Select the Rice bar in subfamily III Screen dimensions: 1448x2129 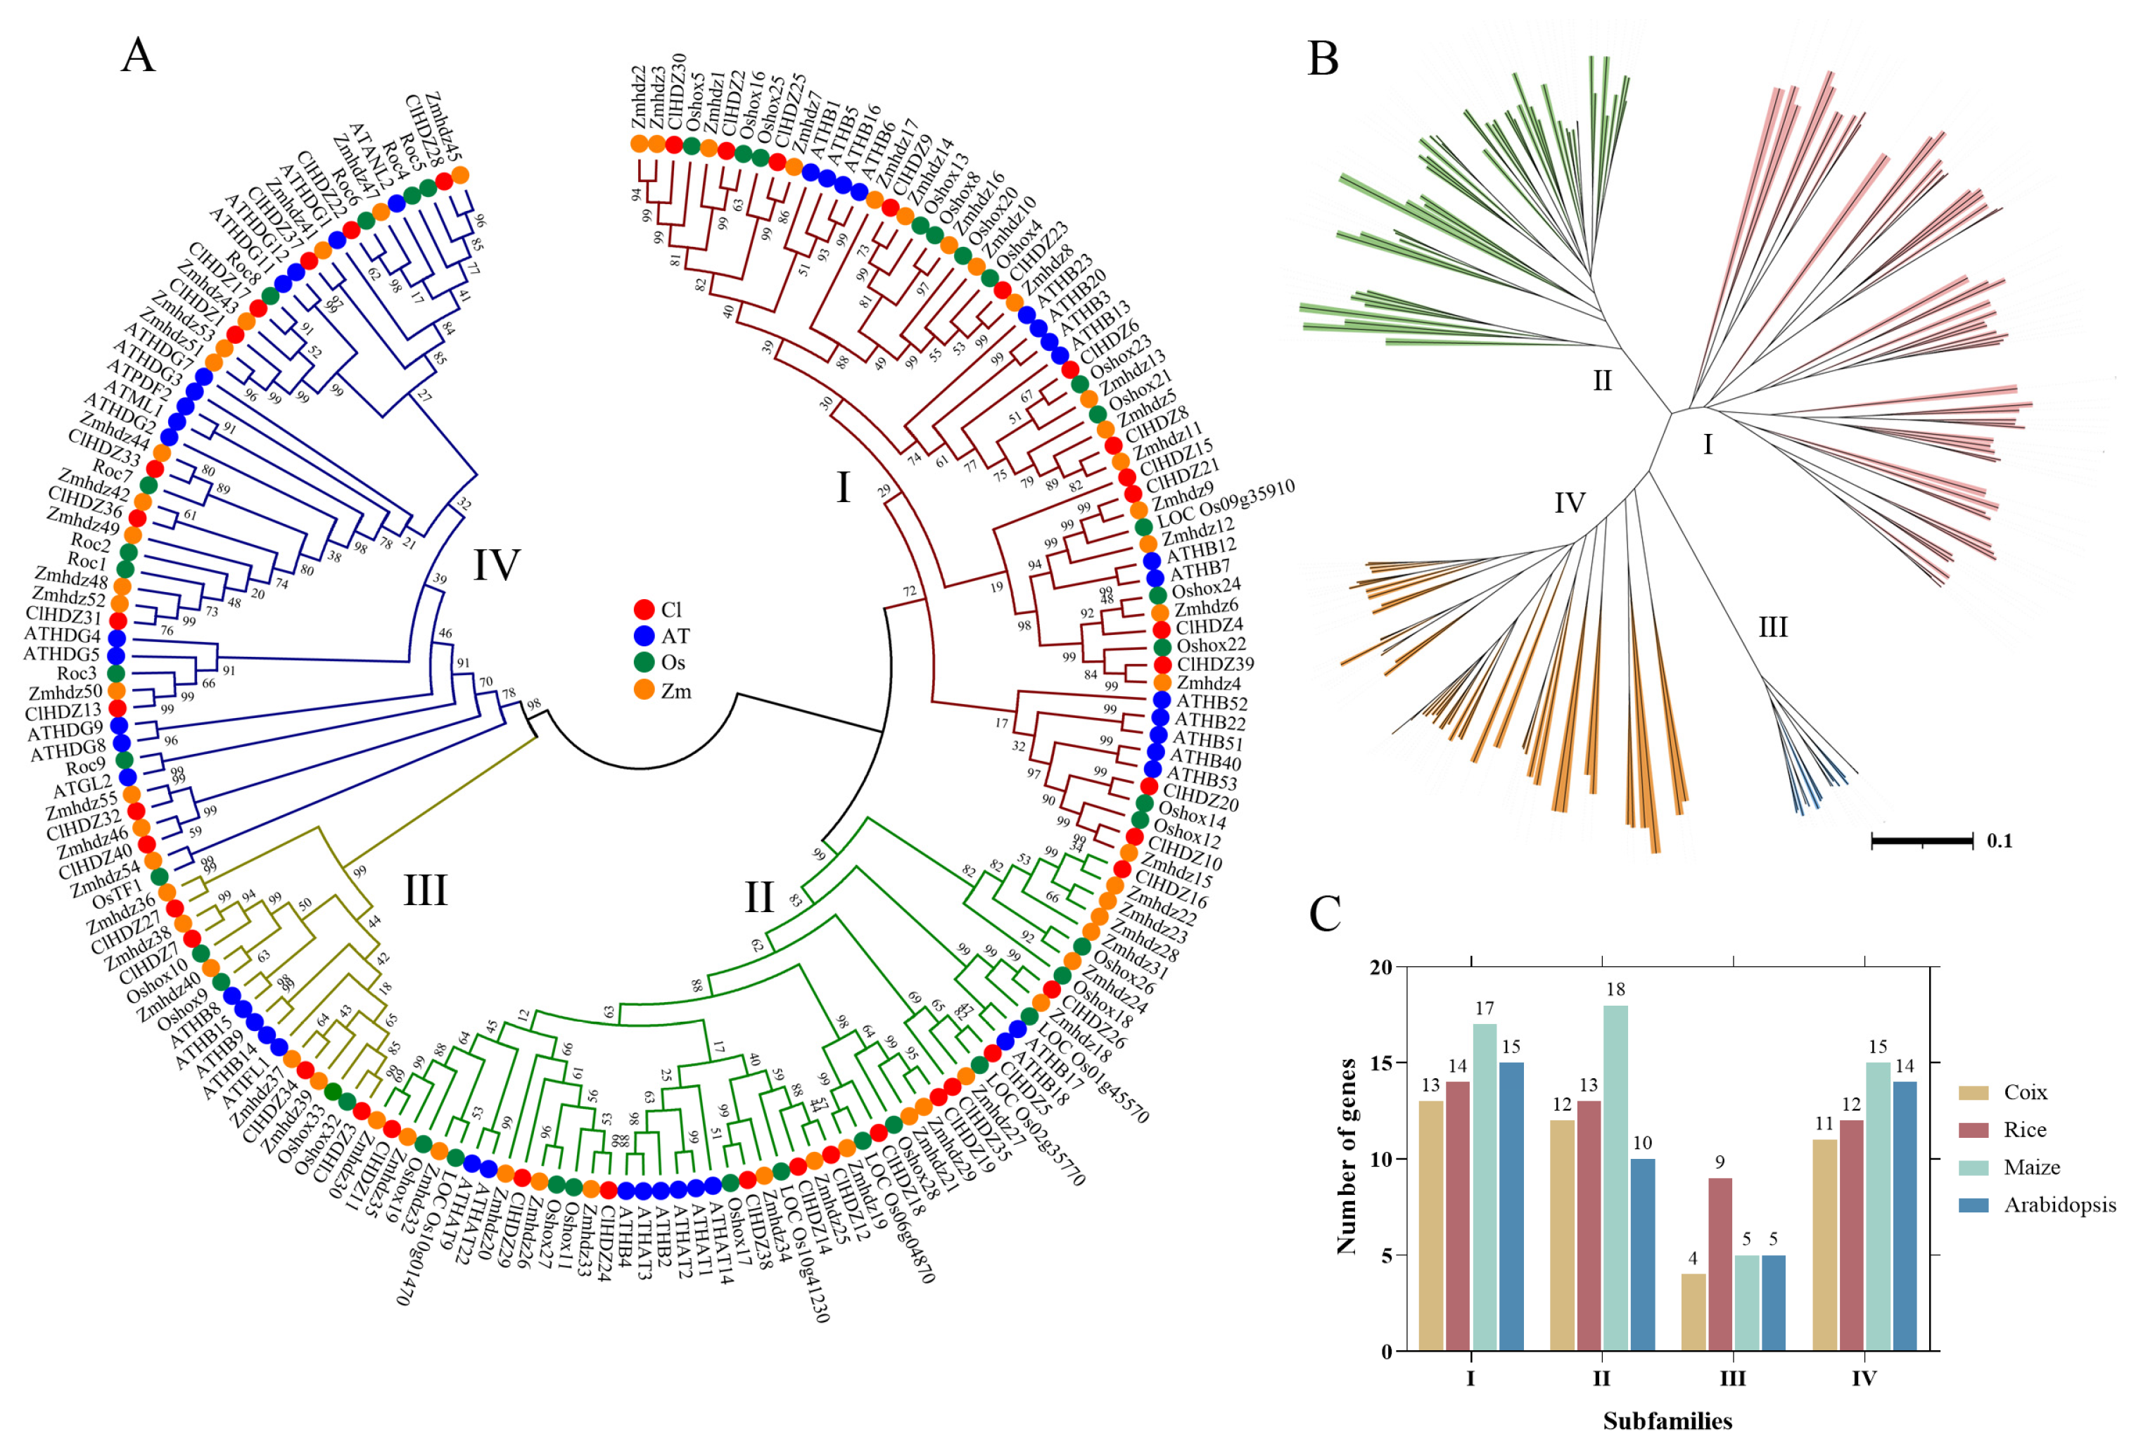pos(1720,1263)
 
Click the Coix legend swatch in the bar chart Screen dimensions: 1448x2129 pos(1974,1093)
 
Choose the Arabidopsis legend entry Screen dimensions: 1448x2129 pos(2059,1205)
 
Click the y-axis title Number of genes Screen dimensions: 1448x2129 pos(1346,1156)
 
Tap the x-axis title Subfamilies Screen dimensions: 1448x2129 pos(1667,1421)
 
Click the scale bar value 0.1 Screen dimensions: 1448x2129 pos(2000,841)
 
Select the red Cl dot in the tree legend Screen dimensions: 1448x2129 pos(644,610)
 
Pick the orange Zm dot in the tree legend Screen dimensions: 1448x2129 pos(644,691)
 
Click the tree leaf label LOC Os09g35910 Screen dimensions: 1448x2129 pos(1226,503)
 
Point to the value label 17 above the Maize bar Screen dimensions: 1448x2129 pos(1484,1008)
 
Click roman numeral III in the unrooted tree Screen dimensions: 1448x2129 pos(1772,627)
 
